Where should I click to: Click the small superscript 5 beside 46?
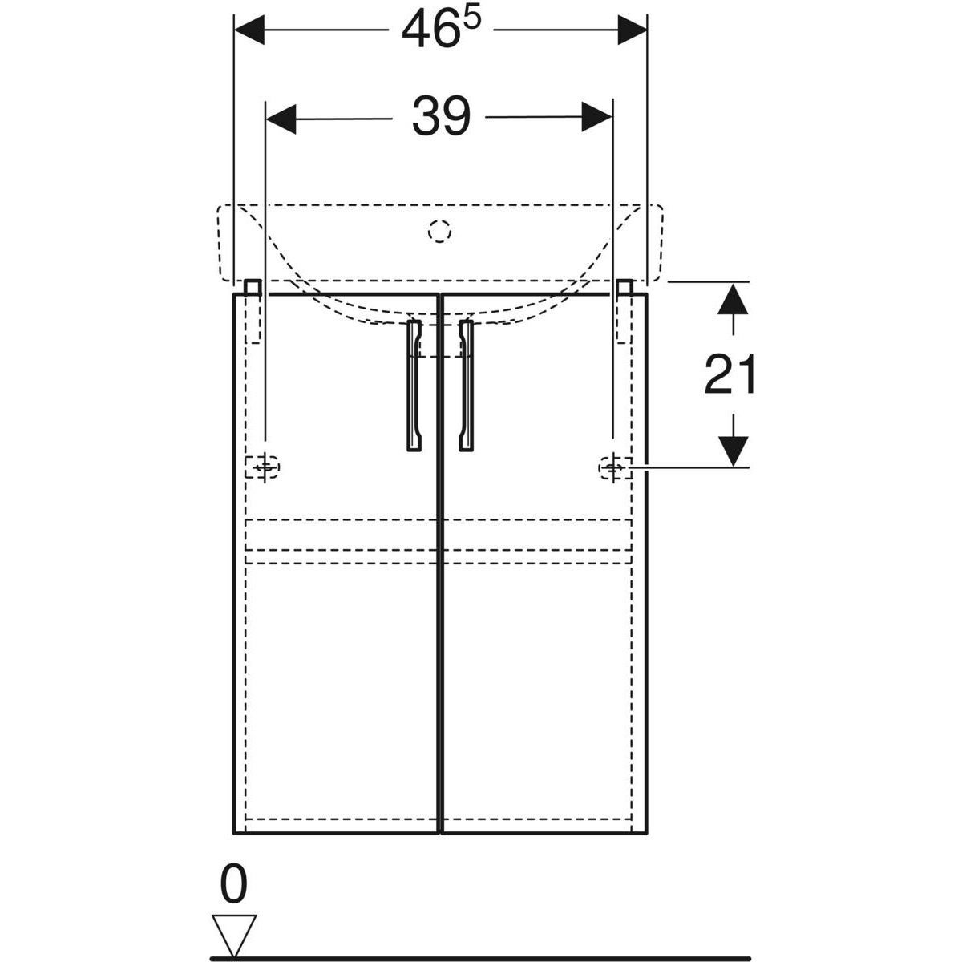[x=471, y=19]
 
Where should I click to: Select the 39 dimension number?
[x=441, y=116]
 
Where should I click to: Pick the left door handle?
[x=414, y=386]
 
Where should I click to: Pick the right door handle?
[x=466, y=386]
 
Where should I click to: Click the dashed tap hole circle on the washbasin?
[x=440, y=232]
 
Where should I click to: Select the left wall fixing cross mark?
[x=265, y=467]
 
